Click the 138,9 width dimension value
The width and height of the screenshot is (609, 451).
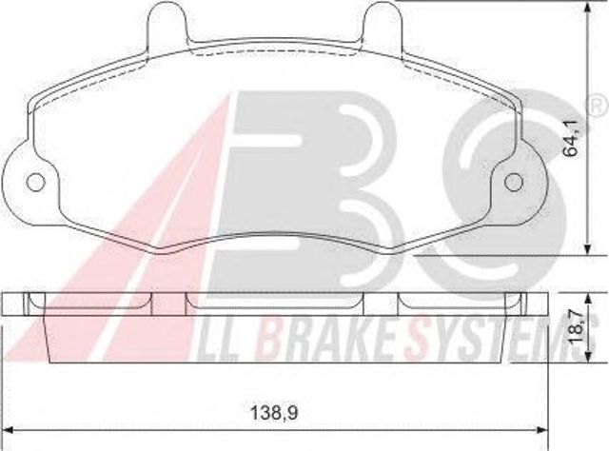(274, 413)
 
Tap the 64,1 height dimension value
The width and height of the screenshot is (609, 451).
(572, 138)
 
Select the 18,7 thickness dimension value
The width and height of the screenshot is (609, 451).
(576, 328)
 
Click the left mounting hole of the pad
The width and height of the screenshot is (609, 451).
(36, 182)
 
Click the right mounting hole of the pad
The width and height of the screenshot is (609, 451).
(514, 182)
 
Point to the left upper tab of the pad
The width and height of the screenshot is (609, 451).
(167, 23)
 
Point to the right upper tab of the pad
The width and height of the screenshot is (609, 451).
(382, 23)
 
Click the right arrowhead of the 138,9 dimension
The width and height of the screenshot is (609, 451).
(542, 430)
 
